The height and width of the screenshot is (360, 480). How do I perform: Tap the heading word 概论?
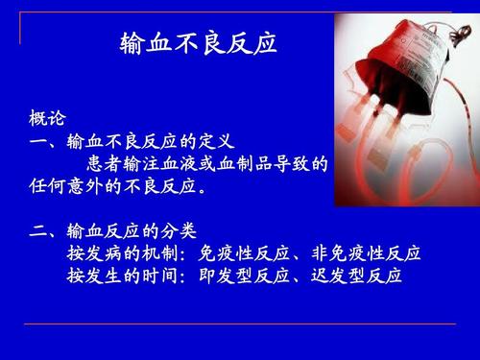[x=47, y=119]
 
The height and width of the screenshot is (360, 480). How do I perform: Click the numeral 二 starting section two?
[x=38, y=231]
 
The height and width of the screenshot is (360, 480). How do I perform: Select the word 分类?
[x=179, y=231]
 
